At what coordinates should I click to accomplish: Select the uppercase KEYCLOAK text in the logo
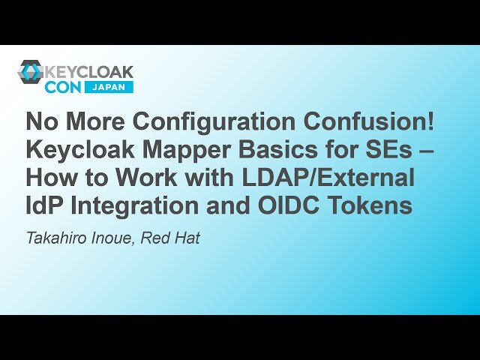pyautogui.click(x=90, y=72)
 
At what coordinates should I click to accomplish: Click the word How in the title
pyautogui.click(x=51, y=178)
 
